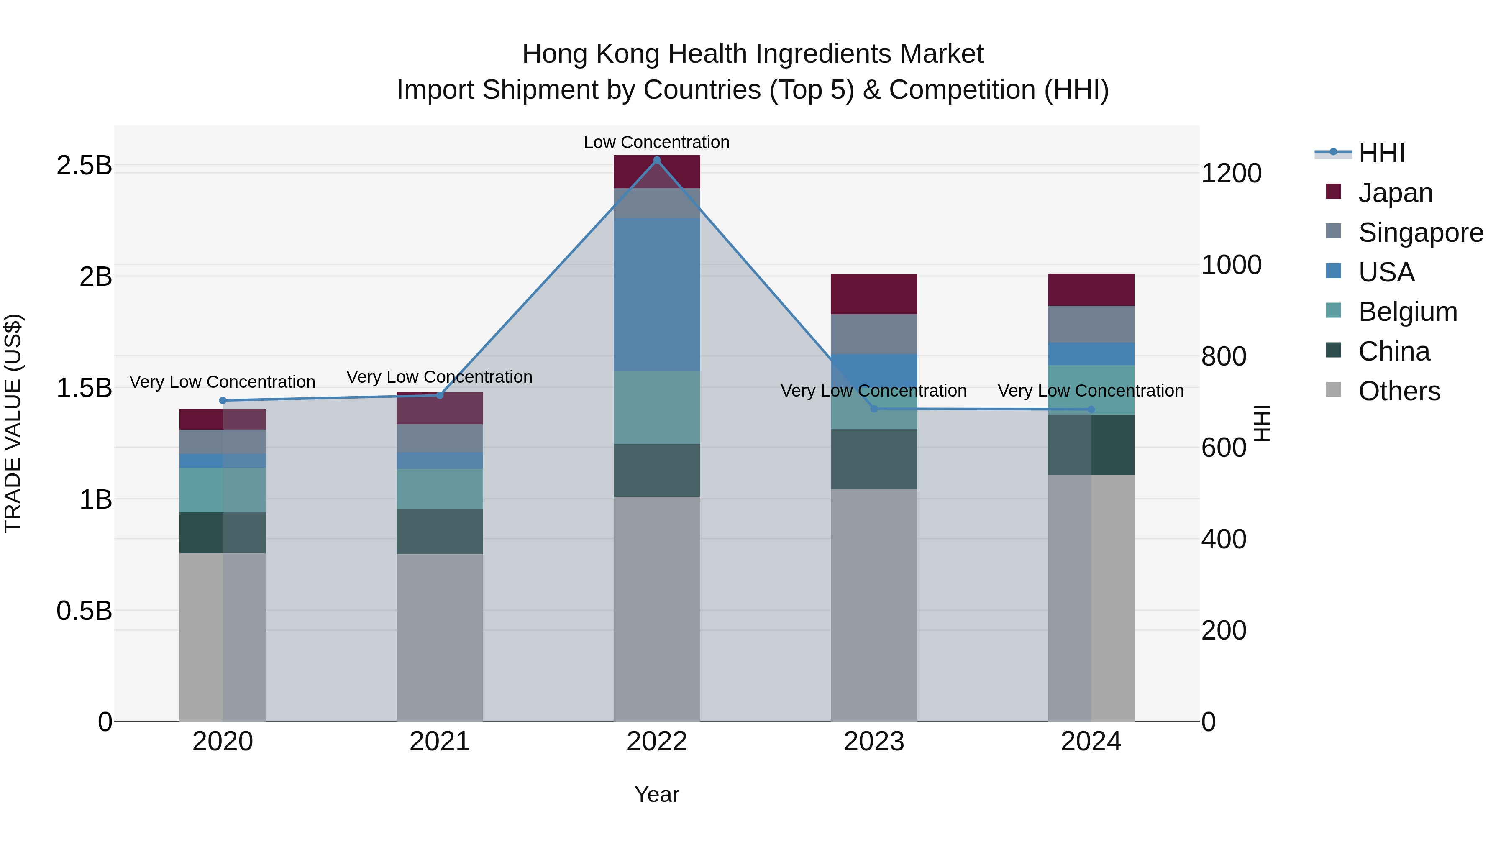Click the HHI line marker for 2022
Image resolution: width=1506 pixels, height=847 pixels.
click(x=656, y=160)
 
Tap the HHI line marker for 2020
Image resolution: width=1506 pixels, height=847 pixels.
click(x=223, y=400)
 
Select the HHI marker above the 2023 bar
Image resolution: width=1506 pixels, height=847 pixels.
click(x=874, y=409)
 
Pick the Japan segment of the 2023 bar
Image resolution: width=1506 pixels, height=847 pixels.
click(x=874, y=294)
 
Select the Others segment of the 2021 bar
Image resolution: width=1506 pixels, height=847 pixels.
click(x=440, y=637)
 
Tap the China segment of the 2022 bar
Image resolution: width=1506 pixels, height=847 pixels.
click(x=656, y=470)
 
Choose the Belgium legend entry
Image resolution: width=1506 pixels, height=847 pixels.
click(x=1407, y=312)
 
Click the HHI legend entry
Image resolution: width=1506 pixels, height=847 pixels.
click(x=1381, y=153)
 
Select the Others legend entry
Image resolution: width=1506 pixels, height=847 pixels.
click(x=1399, y=391)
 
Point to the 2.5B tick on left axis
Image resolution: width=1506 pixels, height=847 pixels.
click(x=84, y=165)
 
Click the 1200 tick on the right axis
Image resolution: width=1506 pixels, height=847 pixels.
click(x=1231, y=174)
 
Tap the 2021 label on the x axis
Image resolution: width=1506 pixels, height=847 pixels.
click(x=440, y=742)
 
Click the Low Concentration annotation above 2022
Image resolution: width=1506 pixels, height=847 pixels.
click(x=656, y=142)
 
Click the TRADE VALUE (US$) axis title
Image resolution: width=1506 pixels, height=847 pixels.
click(x=13, y=423)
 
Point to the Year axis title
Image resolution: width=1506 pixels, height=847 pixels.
click(x=656, y=794)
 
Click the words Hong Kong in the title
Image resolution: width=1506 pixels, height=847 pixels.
click(x=590, y=54)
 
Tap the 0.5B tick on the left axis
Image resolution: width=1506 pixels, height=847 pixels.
click(x=84, y=611)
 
